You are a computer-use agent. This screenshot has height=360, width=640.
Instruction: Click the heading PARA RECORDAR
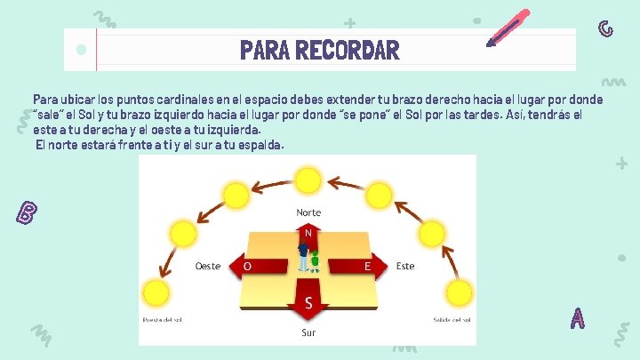point(319,50)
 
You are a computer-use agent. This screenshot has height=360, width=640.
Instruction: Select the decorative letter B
point(28,212)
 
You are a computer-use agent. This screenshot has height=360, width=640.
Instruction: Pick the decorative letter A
point(578,317)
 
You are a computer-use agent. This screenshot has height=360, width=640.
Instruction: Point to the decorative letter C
point(605,28)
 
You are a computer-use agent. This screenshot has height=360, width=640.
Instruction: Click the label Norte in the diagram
point(308,213)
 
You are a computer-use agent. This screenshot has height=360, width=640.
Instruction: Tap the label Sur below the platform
point(308,333)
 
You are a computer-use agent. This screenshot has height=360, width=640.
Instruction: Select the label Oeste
point(208,266)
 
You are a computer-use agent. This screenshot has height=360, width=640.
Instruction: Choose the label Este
point(405,266)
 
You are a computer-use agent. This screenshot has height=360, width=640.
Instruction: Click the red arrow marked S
point(308,304)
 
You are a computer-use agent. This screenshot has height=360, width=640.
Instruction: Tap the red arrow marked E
point(370,266)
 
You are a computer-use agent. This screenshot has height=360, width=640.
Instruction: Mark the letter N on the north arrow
point(308,233)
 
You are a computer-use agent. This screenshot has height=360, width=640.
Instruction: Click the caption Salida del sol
point(453,319)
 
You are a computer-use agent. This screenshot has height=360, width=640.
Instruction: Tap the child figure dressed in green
point(315,260)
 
